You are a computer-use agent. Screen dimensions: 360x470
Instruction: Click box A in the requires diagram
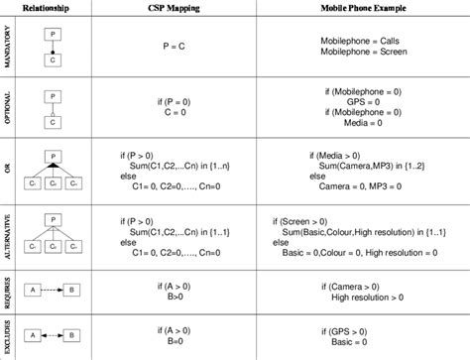[33, 289]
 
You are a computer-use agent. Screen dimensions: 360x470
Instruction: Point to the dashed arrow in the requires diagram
[54, 289]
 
